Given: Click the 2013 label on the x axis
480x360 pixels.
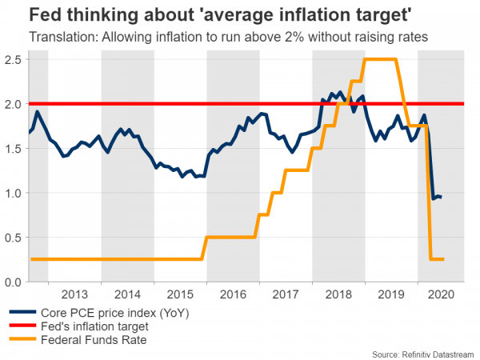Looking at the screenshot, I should (74, 294).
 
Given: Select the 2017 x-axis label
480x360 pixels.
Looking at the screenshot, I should (285, 294).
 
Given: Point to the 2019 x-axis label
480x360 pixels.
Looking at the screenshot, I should (390, 294).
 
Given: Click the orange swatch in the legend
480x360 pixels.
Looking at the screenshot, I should (23, 340).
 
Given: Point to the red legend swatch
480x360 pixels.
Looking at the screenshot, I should (23, 326).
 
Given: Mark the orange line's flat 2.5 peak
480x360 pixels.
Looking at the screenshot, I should (381, 60).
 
